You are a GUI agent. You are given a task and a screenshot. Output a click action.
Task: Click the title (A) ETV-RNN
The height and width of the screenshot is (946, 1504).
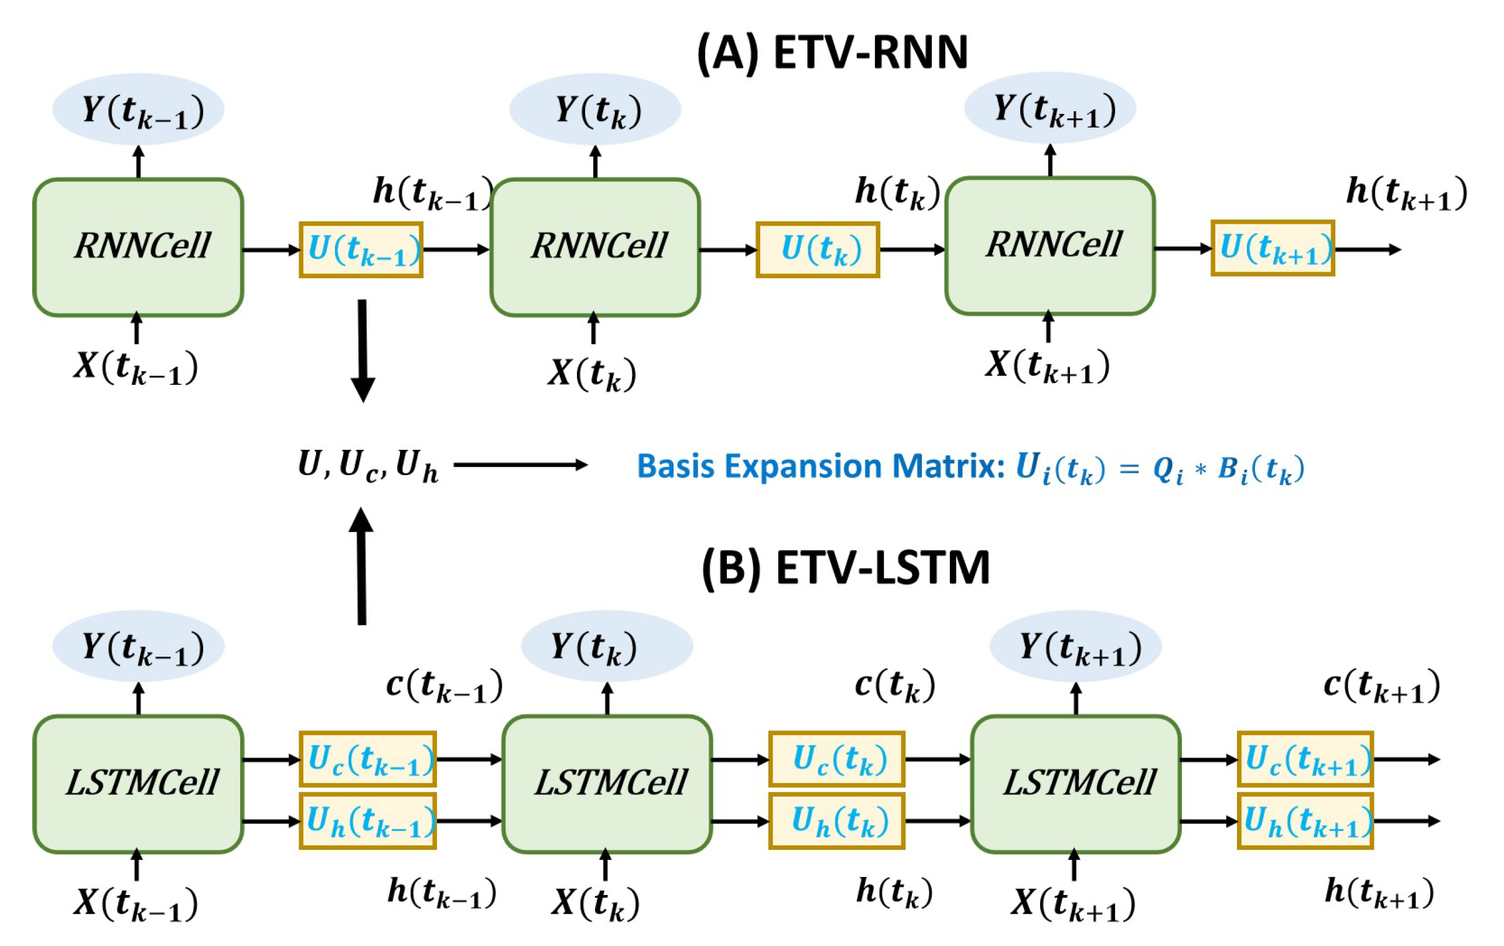[833, 53]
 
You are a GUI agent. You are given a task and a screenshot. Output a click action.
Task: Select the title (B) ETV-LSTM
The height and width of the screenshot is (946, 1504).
[846, 568]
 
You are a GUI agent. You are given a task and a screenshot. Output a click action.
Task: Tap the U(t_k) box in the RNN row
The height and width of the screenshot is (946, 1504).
[818, 250]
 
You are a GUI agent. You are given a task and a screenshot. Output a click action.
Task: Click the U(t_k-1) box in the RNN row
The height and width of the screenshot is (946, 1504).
[361, 250]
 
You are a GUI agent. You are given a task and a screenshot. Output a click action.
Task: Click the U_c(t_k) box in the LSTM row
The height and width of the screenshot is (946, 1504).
[837, 759]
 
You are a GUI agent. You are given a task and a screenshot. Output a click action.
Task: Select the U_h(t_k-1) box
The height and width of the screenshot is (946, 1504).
[368, 821]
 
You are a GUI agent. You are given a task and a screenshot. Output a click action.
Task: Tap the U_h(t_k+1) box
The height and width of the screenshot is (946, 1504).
[1305, 821]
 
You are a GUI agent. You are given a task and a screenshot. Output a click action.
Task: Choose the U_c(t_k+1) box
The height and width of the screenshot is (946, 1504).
[1305, 759]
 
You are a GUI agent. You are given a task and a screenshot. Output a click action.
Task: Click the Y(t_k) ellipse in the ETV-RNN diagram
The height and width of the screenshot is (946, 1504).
[595, 110]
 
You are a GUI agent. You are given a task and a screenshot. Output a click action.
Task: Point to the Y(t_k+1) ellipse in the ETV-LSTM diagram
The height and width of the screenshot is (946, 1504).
[1075, 646]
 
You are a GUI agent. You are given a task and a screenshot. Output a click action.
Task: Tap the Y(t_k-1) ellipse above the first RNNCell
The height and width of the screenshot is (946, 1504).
[138, 110]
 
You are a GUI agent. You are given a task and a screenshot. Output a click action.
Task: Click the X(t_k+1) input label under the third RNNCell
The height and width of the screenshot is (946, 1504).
[1047, 366]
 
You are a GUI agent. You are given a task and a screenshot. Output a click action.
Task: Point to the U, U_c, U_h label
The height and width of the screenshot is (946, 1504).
[368, 466]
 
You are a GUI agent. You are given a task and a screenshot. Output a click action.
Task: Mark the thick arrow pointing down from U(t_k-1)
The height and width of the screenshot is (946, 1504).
[363, 351]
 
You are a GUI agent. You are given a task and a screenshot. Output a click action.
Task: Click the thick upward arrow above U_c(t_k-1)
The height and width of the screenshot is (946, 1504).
[361, 566]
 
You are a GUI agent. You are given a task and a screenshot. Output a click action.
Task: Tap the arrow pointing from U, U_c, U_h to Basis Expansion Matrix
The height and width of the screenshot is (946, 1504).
[521, 465]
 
